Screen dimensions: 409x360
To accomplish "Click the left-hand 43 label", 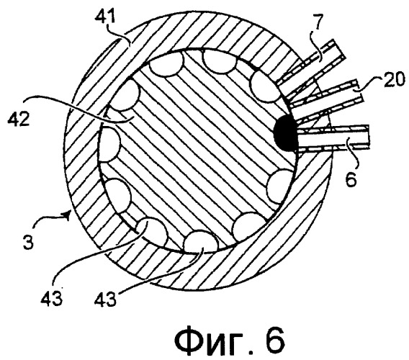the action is [x=51, y=297].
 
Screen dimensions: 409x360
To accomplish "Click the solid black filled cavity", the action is [x=285, y=134].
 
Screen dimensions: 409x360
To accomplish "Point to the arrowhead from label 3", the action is [x=68, y=215].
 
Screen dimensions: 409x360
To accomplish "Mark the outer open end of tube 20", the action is [x=360, y=91].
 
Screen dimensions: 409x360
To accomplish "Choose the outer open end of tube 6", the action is [x=369, y=138].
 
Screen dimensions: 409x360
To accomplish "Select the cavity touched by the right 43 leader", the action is [x=201, y=240].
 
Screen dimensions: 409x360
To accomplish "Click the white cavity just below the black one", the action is [x=280, y=186].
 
